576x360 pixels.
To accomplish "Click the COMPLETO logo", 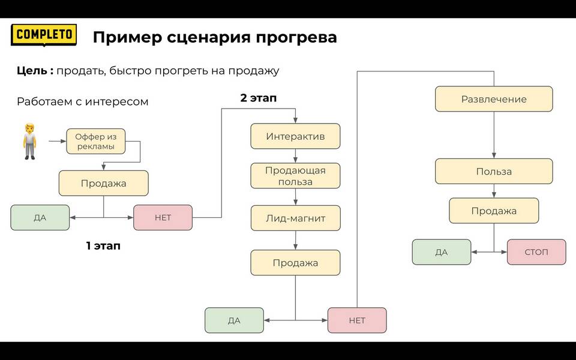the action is tap(44, 35).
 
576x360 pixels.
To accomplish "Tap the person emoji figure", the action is tap(30, 142).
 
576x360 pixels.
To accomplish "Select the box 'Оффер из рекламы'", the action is tap(96, 142).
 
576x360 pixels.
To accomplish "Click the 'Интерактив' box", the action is tap(295, 136).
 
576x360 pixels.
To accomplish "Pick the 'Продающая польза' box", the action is tap(295, 176).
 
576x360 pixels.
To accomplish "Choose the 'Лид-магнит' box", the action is tap(295, 218).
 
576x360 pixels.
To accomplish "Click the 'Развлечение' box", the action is tap(494, 99).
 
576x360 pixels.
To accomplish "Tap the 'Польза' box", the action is tap(494, 171).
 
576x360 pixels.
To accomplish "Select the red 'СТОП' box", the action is tap(536, 252).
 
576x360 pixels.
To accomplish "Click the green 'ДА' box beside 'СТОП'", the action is tap(442, 252).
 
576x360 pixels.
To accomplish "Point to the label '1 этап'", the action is tap(103, 246).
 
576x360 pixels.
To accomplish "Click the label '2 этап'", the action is tap(258, 98).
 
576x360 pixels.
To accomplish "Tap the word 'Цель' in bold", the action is tap(32, 71).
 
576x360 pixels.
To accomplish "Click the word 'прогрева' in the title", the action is tap(296, 38).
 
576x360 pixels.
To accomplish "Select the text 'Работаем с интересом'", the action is tap(83, 102).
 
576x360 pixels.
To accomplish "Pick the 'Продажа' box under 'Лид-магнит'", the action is tap(295, 263).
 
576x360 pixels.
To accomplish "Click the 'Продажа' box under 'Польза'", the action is tap(494, 211).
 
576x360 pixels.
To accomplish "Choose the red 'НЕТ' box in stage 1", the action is tap(163, 217).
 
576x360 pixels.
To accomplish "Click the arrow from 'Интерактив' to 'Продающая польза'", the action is tap(295, 156).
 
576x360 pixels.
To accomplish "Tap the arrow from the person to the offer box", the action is tap(58, 141).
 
